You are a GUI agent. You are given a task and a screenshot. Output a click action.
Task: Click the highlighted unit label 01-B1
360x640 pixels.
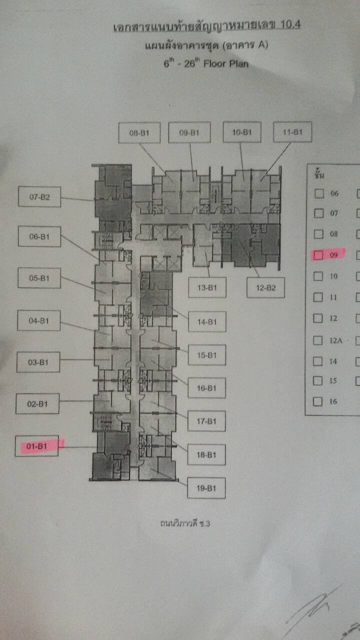coord(36,446)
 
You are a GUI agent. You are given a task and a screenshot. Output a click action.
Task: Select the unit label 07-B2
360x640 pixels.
coord(39,197)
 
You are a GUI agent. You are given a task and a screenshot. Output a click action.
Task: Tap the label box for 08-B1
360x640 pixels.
coord(139,133)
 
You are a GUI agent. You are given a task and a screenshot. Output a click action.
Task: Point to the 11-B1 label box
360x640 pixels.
coord(292,132)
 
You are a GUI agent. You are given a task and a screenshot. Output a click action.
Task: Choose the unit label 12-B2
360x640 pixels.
coord(265,287)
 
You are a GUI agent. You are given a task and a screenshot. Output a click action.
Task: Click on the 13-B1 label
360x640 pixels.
coord(207,287)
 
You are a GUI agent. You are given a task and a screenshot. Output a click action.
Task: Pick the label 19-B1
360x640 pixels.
coord(206,488)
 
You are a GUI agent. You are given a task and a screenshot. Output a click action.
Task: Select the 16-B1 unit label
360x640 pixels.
coord(206,388)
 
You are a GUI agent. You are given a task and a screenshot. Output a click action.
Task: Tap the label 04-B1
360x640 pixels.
coord(39,320)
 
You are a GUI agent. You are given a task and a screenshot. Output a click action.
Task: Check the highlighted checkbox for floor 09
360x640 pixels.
coord(318,255)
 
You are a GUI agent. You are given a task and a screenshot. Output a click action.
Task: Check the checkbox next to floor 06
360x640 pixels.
coord(319,193)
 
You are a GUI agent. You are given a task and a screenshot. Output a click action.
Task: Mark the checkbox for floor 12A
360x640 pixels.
coord(317,340)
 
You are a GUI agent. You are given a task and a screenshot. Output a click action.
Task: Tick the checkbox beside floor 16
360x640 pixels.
coord(317,401)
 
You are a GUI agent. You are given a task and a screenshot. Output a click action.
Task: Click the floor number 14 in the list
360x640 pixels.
coord(333,361)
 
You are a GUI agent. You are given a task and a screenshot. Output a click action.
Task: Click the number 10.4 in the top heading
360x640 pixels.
coord(290,24)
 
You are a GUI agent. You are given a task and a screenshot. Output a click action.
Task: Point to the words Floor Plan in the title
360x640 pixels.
coord(225,63)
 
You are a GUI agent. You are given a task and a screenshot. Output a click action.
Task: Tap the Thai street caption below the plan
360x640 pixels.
coord(185,523)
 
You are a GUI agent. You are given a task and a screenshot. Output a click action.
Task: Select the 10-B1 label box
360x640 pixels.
coord(242,132)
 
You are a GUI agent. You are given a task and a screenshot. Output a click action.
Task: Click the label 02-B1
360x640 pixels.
coord(37,403)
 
